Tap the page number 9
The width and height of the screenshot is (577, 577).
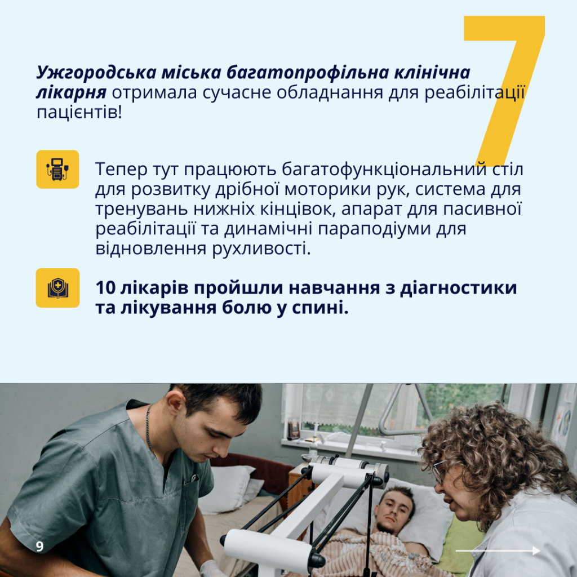tap(40, 547)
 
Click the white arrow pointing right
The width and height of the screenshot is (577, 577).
tap(498, 551)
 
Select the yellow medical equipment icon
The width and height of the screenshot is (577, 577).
tap(57, 169)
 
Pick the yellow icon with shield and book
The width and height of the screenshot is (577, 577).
tap(57, 288)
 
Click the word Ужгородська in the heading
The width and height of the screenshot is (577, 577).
tap(96, 73)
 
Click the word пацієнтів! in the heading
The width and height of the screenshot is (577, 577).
tap(79, 112)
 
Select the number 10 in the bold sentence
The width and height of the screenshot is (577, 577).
tap(105, 287)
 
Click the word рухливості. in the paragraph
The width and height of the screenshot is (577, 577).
tap(261, 248)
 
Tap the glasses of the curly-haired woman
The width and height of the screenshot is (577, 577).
tap(438, 472)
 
